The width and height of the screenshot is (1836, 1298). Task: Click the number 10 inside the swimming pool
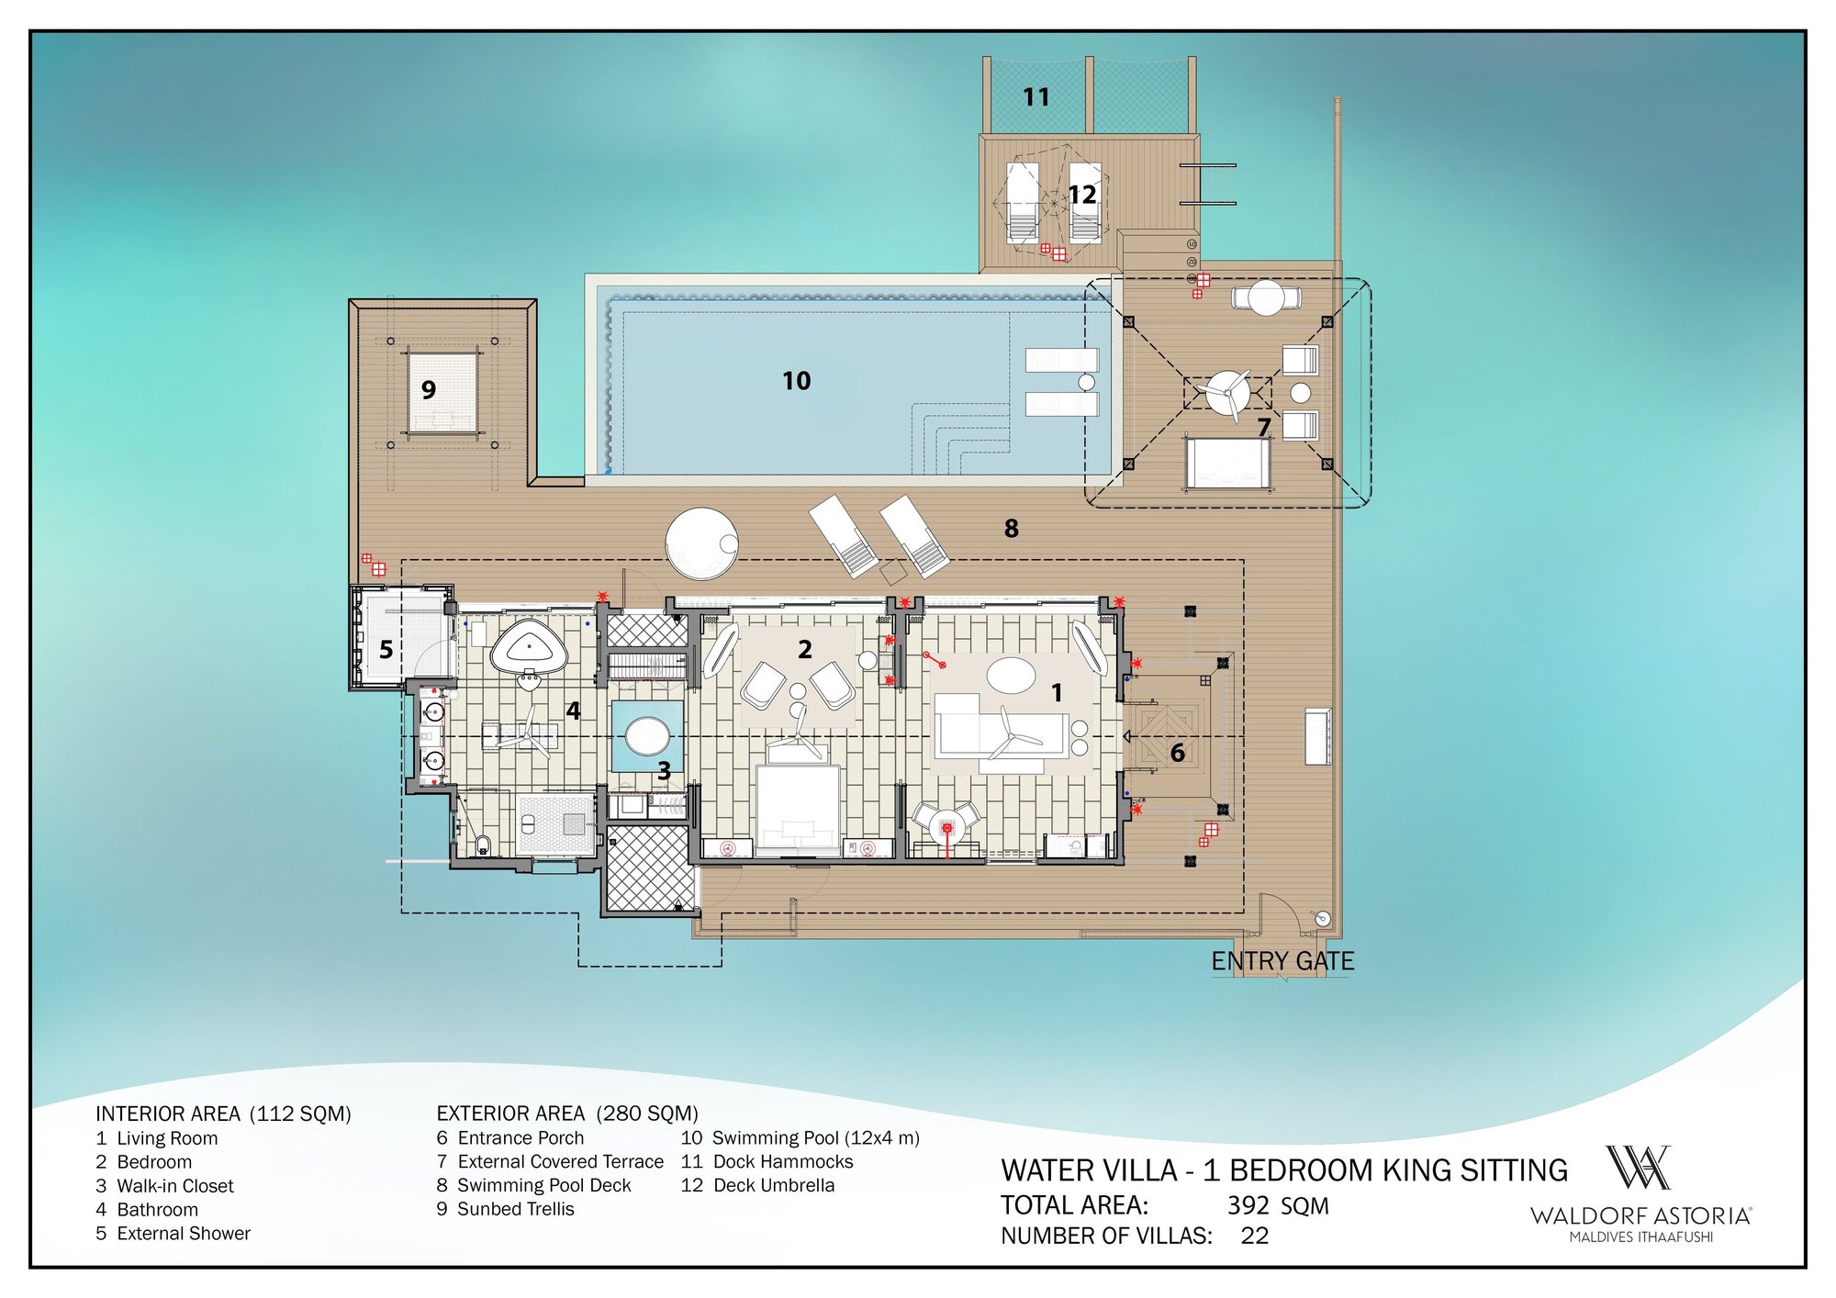point(796,381)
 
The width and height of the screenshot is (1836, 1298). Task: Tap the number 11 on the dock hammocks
point(1036,97)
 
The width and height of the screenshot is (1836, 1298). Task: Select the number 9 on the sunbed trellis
point(429,390)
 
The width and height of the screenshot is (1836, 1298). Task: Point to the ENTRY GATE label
point(1282,961)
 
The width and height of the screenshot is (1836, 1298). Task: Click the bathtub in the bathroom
point(529,648)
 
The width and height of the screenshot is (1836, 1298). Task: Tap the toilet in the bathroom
point(483,843)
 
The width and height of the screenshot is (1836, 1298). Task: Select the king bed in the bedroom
point(798,808)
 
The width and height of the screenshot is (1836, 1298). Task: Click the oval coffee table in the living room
point(1011,676)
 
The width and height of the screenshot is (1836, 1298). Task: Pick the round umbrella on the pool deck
point(702,543)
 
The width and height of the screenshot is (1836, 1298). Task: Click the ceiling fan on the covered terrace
point(1227,393)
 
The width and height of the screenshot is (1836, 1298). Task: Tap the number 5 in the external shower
point(386,650)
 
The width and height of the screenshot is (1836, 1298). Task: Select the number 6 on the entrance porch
point(1178,753)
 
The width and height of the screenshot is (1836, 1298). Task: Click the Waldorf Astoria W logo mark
point(1638,1168)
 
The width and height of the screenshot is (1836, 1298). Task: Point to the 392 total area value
point(1248,1205)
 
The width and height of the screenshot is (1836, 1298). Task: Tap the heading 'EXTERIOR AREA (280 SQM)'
point(567,1113)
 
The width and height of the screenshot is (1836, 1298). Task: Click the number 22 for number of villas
point(1255,1236)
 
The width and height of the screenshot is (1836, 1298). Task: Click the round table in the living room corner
point(946,827)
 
